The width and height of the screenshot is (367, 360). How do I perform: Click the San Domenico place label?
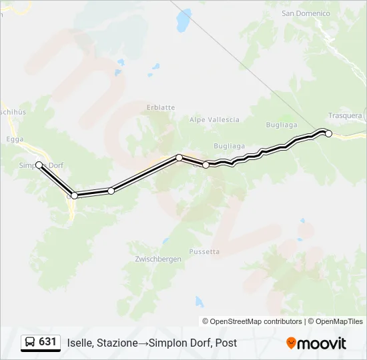pos(306,13)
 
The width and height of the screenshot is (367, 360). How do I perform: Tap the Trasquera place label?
pos(345,115)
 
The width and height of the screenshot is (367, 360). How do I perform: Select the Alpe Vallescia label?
pos(214,120)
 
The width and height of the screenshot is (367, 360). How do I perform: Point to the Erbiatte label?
pos(161,107)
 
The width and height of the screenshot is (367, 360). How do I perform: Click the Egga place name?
pos(13,139)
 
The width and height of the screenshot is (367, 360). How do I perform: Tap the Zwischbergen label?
pos(158,259)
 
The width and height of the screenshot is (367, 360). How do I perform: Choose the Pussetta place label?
pos(204,252)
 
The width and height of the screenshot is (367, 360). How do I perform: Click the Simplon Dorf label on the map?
pos(40,166)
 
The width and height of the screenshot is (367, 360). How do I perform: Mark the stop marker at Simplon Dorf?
pos(39,165)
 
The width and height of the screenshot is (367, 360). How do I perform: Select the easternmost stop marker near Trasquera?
pos(328,133)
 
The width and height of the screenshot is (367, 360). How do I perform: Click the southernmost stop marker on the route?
pos(74,195)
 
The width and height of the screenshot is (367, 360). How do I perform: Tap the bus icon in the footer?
pos(30,342)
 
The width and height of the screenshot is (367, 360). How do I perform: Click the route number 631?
pos(48,342)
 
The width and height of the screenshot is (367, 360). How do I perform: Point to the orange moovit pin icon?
pos(291,343)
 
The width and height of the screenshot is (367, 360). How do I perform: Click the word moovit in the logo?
pos(322,343)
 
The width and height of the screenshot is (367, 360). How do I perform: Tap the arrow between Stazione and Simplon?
pos(143,343)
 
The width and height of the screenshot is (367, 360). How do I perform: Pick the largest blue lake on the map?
pos(183,21)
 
